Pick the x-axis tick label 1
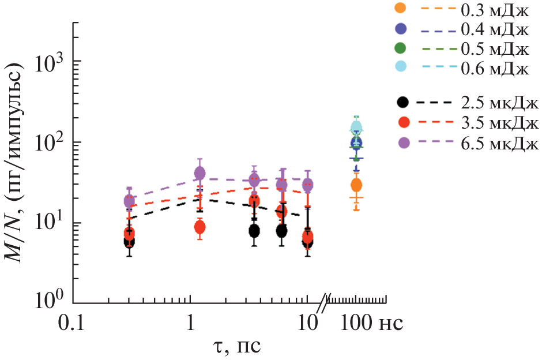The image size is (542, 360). [190, 321]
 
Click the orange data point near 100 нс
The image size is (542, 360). [356, 185]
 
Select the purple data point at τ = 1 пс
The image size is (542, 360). [200, 172]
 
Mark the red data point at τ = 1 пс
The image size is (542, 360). [200, 227]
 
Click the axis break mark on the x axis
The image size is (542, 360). [327, 300]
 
